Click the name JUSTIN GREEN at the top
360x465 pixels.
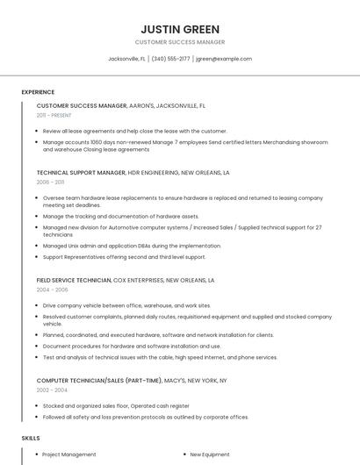click(180, 29)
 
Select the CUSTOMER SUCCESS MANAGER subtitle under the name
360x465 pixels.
click(180, 42)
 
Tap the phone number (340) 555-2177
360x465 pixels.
click(170, 59)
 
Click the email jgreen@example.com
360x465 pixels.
click(224, 59)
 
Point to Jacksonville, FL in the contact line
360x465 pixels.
click(126, 59)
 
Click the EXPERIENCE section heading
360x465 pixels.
click(38, 92)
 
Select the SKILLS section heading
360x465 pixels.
click(31, 437)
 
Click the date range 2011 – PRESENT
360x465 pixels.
click(54, 115)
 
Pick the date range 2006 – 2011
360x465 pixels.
click(50, 182)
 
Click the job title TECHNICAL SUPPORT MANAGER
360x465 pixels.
click(81, 173)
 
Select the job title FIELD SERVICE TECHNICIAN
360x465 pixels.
click(74, 280)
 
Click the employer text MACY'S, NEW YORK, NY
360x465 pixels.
click(197, 380)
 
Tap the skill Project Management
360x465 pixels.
click(69, 454)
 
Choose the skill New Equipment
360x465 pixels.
click(210, 454)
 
